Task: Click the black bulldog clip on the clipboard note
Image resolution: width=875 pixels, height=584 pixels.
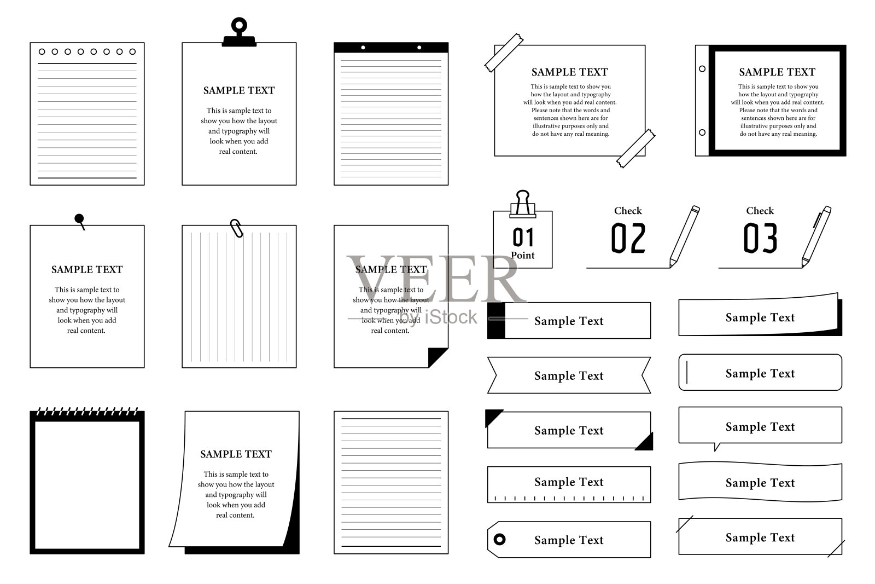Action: [x=239, y=32]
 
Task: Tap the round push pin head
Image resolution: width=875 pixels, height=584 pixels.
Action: [x=79, y=218]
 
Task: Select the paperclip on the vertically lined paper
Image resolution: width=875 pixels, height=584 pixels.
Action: [x=236, y=228]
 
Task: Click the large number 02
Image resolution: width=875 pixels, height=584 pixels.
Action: [x=628, y=238]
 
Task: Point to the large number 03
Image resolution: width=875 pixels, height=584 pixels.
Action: [x=760, y=238]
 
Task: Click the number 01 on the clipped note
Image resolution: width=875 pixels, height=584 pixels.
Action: [x=523, y=238]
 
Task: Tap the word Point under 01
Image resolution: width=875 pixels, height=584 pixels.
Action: [x=523, y=255]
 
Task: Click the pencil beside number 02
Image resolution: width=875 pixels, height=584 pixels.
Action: [x=684, y=236]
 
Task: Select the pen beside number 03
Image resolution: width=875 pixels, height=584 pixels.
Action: [x=816, y=236]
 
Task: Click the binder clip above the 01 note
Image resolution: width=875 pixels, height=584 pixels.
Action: [x=523, y=204]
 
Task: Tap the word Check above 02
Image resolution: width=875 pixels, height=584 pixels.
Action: [x=628, y=211]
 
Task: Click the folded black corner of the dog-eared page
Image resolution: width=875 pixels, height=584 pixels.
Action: [x=437, y=357]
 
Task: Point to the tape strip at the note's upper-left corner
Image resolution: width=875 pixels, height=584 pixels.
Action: [x=504, y=53]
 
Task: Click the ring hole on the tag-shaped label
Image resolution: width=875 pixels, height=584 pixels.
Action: [x=500, y=540]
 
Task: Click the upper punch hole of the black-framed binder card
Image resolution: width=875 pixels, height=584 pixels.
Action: [x=702, y=69]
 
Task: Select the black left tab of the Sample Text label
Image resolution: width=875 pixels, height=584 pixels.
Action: [x=496, y=321]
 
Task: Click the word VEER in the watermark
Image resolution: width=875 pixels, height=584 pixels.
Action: [x=436, y=279]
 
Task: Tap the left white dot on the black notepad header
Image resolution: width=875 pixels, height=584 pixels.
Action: [x=363, y=48]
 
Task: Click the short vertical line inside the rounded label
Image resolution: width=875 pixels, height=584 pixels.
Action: [x=687, y=373]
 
